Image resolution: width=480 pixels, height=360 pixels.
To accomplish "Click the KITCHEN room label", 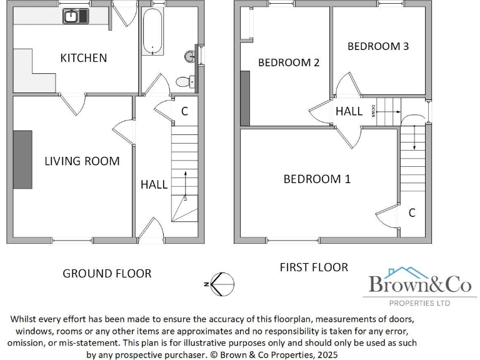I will click(x=83, y=58).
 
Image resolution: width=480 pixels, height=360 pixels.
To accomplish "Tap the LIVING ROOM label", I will click(x=82, y=161).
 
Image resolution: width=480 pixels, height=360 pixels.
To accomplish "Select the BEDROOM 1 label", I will click(x=317, y=179).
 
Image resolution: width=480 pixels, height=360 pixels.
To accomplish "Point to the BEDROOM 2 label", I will click(x=289, y=62).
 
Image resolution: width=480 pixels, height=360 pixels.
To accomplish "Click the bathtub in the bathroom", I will click(x=152, y=31).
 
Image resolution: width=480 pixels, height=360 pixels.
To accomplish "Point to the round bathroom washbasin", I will click(x=190, y=56).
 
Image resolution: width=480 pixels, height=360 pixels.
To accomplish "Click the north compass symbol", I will click(x=222, y=284).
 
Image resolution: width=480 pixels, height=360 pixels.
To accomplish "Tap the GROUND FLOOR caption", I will click(x=107, y=273).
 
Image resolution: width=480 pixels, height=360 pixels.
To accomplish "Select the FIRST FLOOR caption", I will click(x=314, y=267).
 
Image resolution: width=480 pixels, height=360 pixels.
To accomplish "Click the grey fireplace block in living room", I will click(x=22, y=159).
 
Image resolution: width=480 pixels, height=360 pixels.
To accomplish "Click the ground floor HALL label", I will click(x=154, y=184).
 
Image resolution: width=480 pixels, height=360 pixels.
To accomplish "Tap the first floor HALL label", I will click(x=349, y=111).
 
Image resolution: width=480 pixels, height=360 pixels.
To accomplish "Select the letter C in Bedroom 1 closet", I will click(x=412, y=213).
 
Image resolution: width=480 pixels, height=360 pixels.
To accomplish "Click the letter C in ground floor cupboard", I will click(x=184, y=112).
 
